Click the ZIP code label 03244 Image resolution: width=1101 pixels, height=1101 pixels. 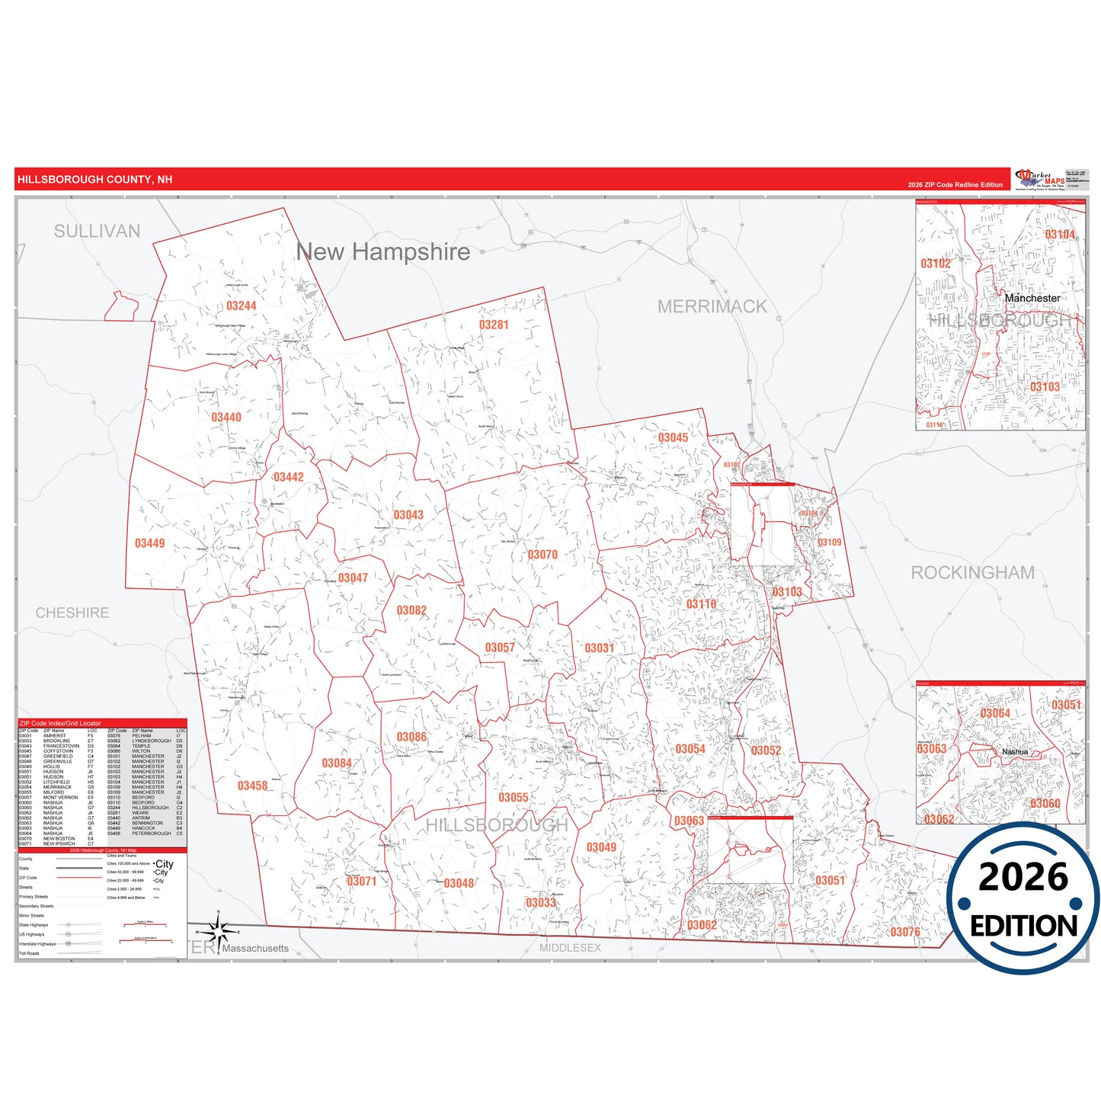coord(241,306)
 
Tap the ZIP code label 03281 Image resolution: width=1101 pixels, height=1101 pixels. coord(494,325)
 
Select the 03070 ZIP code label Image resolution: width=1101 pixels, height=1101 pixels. coord(542,555)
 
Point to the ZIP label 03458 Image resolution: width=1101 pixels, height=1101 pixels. coord(252,786)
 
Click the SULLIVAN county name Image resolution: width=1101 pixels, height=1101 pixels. coord(97,231)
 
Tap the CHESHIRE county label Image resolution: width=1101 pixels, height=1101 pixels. coord(72,613)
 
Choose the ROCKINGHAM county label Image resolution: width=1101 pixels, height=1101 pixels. coord(973,572)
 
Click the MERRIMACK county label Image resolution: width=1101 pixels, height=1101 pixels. coord(712,306)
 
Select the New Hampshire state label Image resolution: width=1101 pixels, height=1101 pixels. coord(382,251)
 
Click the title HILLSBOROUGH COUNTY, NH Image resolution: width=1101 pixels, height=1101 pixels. coord(95,180)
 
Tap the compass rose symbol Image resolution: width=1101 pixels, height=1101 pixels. coord(219,931)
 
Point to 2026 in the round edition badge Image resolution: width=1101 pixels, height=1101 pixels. coord(1023,877)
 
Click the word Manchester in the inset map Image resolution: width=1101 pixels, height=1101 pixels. coord(1032,298)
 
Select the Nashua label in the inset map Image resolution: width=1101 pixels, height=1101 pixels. coord(1015,752)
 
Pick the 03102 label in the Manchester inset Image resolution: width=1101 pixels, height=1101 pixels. coord(936,264)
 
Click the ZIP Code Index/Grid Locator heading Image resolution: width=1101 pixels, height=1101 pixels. coord(60,723)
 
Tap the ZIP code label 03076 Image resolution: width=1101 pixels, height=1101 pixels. coord(905,932)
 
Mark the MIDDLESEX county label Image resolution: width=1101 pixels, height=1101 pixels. coord(570,948)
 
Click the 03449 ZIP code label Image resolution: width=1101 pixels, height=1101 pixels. coord(149,543)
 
